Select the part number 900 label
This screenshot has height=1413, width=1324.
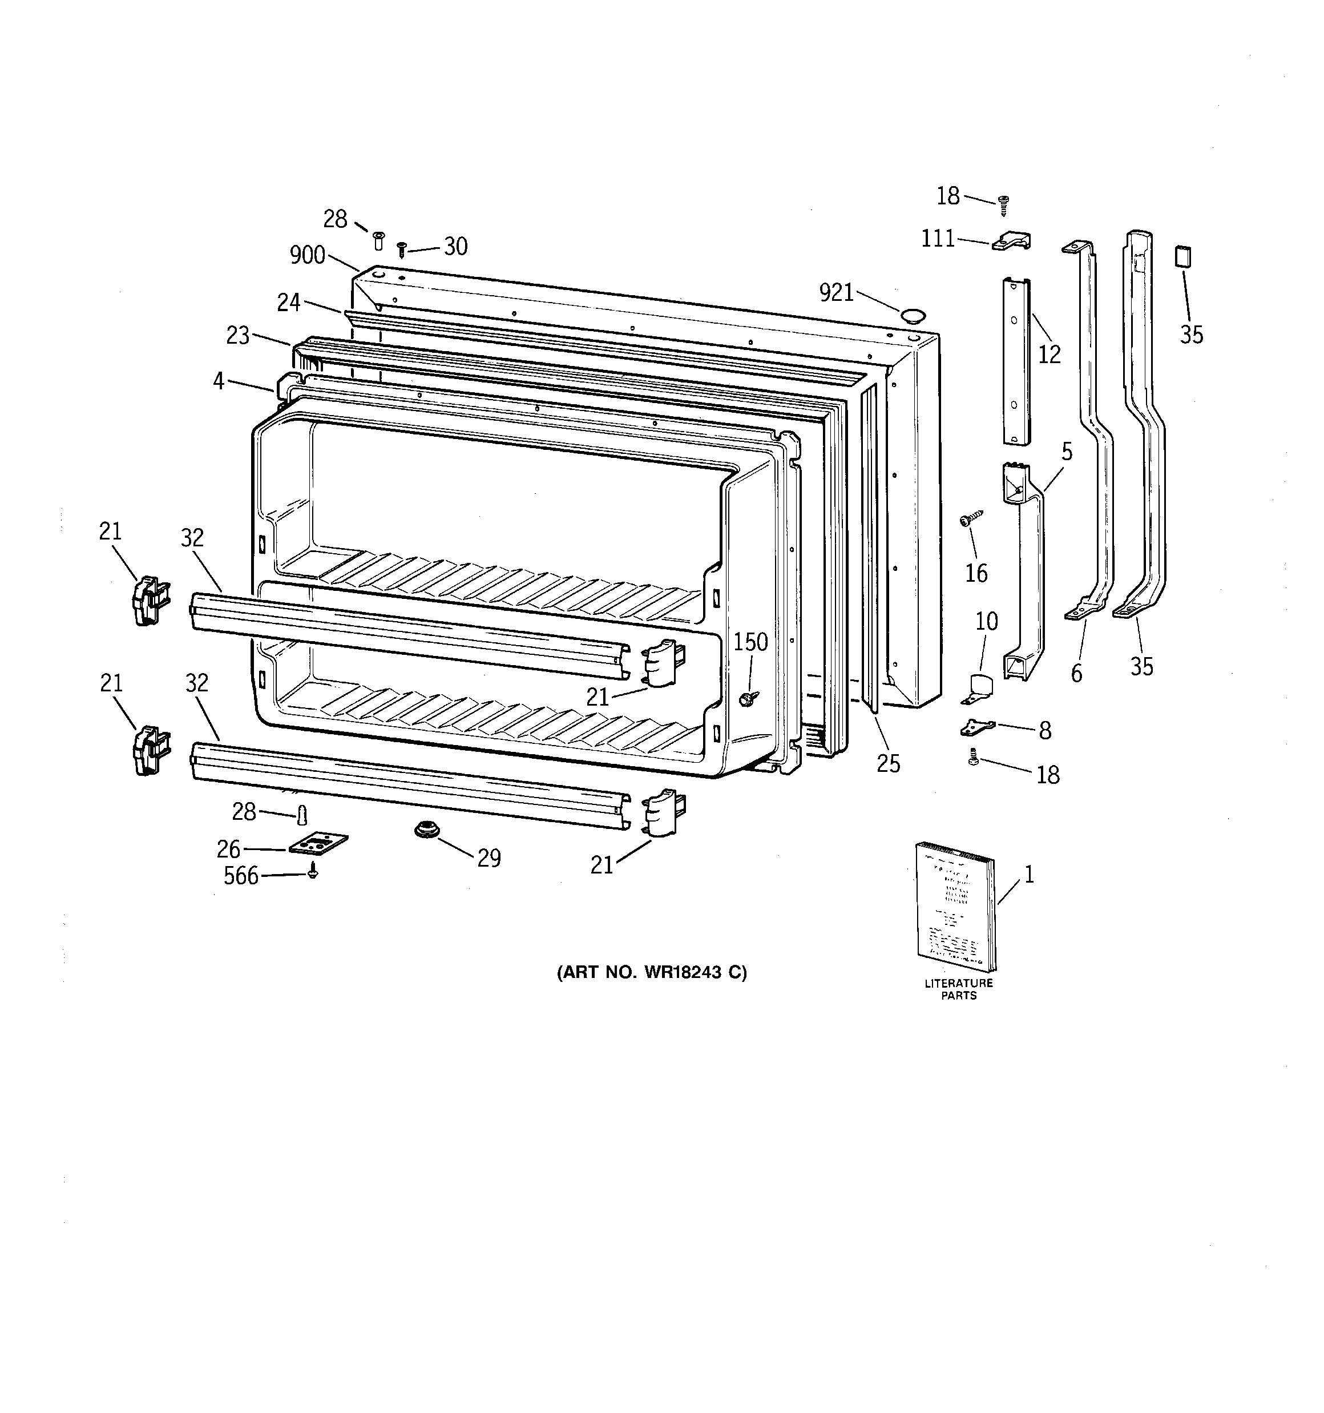[x=307, y=255]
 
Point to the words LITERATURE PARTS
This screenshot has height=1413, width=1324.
[x=959, y=989]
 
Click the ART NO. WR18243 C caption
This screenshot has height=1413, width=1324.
[x=652, y=972]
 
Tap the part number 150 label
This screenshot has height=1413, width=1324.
[x=750, y=642]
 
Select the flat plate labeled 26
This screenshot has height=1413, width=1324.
[x=318, y=844]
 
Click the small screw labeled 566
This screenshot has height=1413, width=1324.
[x=313, y=871]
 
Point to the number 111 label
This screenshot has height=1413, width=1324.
[x=938, y=239]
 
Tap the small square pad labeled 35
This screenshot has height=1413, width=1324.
[x=1182, y=256]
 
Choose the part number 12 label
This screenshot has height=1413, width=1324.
[x=1049, y=354]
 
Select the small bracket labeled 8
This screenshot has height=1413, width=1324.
[x=977, y=727]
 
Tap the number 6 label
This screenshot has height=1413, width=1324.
[x=1077, y=673]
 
